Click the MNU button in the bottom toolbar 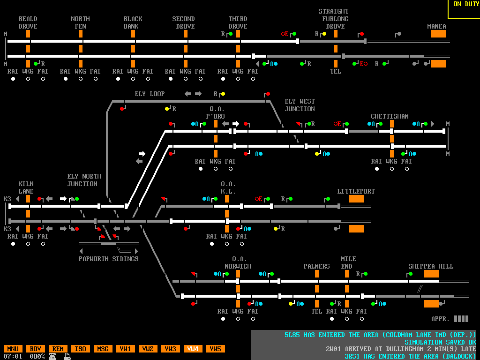pyautogui.click(x=13, y=349)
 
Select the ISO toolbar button pyautogui.click(x=81, y=349)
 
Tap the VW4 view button pyautogui.click(x=193, y=349)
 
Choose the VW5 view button pyautogui.click(x=216, y=349)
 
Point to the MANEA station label pyautogui.click(x=436, y=26)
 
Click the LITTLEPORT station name pyautogui.click(x=356, y=191)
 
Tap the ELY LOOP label pyautogui.click(x=150, y=94)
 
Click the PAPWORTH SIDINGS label pyautogui.click(x=108, y=259)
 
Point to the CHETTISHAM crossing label pyautogui.click(x=390, y=116)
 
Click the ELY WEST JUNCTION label pyautogui.click(x=300, y=105)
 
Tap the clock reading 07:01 pyautogui.click(x=13, y=356)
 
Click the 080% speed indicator pyautogui.click(x=37, y=356)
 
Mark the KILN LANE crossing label pyautogui.click(x=26, y=187)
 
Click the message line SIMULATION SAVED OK pyautogui.click(x=440, y=342)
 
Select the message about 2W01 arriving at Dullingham pyautogui.click(x=401, y=349)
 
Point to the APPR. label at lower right pyautogui.click(x=440, y=319)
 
